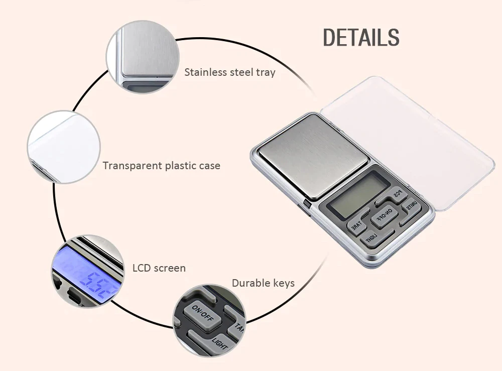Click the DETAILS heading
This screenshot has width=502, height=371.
[361, 38]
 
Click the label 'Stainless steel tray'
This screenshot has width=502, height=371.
[230, 72]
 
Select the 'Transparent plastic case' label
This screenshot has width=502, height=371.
[161, 166]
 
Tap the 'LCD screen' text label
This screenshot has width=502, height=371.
[159, 268]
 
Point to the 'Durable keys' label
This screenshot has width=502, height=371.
[263, 284]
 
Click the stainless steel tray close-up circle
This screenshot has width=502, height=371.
[143, 57]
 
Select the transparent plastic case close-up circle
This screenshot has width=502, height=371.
[64, 147]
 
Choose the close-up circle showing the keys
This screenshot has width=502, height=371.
[210, 321]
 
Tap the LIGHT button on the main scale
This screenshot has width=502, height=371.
[372, 236]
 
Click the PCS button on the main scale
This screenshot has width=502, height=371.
[397, 194]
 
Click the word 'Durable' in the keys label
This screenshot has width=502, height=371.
[249, 284]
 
